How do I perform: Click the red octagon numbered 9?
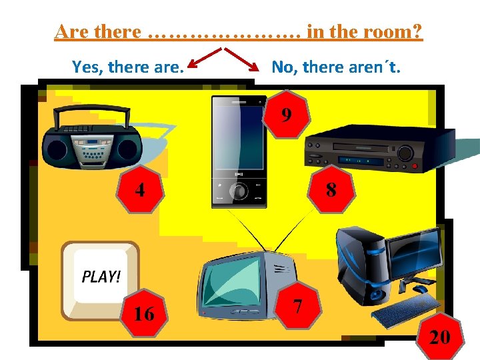(286, 115)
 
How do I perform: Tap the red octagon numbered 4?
(140, 190)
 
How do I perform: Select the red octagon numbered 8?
(331, 191)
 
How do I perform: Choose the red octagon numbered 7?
(298, 307)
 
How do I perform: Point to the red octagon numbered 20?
(439, 337)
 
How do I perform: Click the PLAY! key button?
(101, 279)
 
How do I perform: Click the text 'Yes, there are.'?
(128, 67)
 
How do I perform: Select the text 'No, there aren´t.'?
(336, 67)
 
